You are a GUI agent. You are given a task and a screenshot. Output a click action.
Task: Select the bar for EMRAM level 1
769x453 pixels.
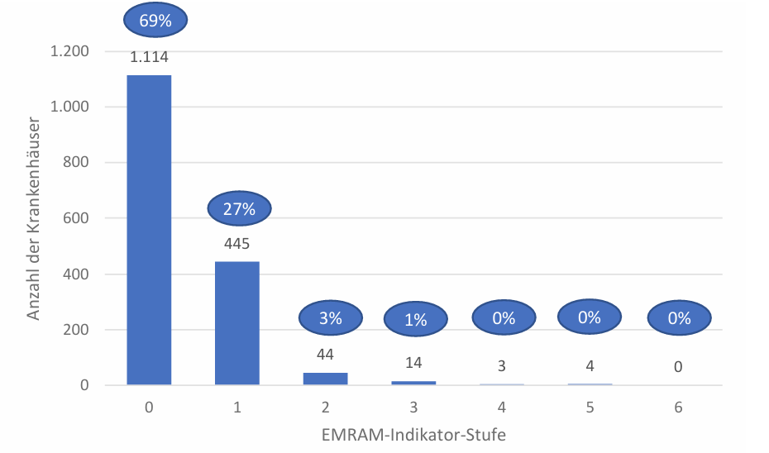(x=237, y=323)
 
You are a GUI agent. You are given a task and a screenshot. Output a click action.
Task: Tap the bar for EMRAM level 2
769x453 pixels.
(x=325, y=379)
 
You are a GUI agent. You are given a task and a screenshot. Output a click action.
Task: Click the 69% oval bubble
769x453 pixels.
(x=155, y=21)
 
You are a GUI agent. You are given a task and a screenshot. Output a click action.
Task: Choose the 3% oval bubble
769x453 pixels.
(x=330, y=318)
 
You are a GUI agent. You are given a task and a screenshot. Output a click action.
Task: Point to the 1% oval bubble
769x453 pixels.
(x=416, y=319)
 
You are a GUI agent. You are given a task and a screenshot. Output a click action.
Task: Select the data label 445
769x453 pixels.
(x=237, y=244)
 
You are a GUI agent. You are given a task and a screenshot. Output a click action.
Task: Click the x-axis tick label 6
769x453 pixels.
(x=678, y=408)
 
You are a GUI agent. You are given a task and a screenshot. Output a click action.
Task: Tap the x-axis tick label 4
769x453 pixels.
(x=502, y=408)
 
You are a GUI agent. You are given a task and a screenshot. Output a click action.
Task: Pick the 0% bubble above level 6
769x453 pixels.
(x=679, y=317)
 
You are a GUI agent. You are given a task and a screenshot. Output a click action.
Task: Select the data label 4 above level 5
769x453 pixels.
(x=590, y=366)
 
